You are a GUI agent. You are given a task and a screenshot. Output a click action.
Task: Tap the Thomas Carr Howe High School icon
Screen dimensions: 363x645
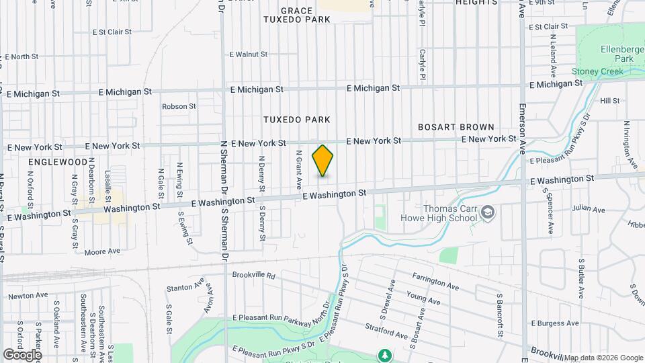(488, 214)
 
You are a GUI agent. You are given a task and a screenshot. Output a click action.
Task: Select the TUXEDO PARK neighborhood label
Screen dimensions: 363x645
(296, 120)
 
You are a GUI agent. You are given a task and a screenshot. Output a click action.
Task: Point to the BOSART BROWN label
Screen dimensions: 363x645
(456, 127)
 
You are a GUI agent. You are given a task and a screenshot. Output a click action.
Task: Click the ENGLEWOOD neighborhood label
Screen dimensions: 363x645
(58, 162)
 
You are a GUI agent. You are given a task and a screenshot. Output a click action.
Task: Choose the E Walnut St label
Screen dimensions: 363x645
(248, 54)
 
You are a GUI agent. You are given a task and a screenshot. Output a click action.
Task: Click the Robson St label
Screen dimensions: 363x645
(178, 106)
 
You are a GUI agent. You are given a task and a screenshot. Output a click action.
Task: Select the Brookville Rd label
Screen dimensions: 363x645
(253, 276)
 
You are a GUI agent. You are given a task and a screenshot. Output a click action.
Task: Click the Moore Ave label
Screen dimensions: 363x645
(102, 251)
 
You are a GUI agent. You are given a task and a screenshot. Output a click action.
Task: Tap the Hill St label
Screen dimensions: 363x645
(609, 101)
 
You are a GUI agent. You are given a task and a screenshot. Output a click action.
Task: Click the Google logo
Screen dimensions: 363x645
(22, 354)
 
